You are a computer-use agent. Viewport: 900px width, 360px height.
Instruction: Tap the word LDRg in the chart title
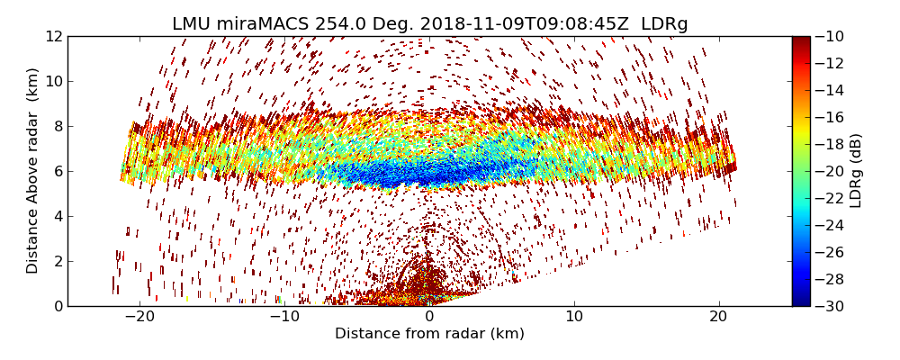click(x=664, y=24)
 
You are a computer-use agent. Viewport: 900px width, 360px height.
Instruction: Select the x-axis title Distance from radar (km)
click(x=429, y=334)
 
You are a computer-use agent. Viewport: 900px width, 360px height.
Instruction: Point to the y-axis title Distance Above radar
click(x=33, y=171)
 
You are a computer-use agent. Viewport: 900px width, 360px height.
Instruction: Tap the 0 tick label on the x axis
click(x=429, y=317)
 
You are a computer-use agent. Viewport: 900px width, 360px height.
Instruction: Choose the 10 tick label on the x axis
click(x=574, y=317)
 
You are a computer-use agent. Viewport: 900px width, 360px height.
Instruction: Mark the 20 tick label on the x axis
click(x=719, y=317)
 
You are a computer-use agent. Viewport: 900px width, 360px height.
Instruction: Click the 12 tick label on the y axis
click(x=52, y=37)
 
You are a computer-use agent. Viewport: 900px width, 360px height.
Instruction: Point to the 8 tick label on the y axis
click(x=56, y=127)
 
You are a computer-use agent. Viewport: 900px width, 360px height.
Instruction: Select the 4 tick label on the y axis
click(x=56, y=217)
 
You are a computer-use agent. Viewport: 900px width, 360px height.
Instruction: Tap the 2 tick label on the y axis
click(x=56, y=262)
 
